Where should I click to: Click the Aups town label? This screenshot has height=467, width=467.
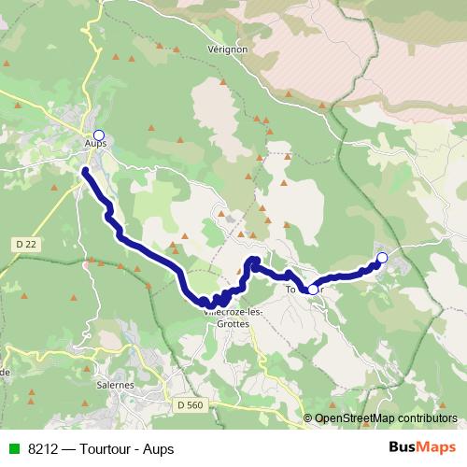point(95,144)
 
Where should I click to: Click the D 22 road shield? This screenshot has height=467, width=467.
point(26,244)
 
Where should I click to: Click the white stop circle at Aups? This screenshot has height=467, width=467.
point(99,134)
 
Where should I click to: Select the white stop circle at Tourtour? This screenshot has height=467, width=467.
point(313,290)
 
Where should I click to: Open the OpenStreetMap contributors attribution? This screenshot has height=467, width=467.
point(385,418)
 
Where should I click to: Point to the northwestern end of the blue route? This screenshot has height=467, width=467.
point(85,171)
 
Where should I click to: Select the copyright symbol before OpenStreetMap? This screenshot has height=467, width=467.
point(308,418)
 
